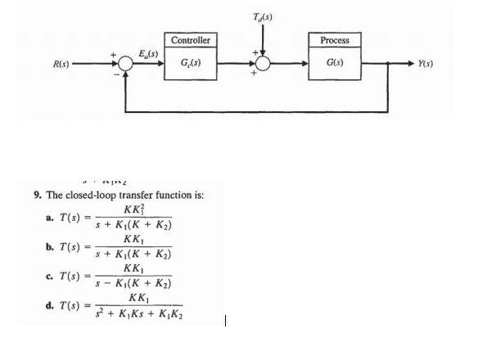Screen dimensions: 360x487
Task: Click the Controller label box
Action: [192, 40]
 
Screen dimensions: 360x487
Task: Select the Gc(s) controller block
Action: [192, 63]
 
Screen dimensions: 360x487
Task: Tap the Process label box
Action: [335, 40]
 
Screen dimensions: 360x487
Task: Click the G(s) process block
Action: [335, 63]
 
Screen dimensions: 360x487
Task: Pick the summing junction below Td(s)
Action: [264, 63]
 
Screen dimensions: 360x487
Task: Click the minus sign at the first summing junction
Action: [116, 75]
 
